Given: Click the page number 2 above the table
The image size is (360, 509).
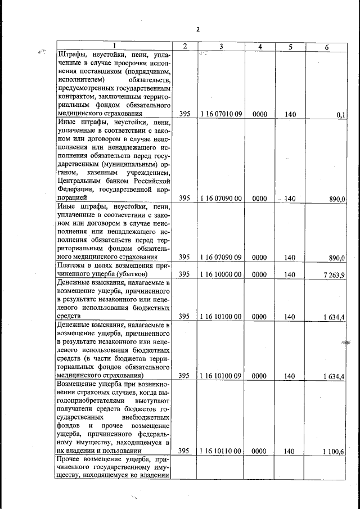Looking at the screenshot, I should pos(198,30).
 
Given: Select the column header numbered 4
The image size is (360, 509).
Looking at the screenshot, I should pos(259,47).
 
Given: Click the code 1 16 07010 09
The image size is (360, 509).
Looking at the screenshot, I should pos(221,114).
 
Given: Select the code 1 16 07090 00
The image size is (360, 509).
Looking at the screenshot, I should pos(221,199).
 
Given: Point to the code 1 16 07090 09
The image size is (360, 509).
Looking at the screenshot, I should pos(221,258).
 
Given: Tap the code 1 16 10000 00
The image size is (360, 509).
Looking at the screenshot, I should pos(221,274).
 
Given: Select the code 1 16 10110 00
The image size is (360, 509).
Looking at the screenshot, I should pos(221,451).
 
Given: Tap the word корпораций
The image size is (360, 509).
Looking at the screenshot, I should pos(73,198).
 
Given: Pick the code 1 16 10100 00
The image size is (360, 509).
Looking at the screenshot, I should pos(221,317).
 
